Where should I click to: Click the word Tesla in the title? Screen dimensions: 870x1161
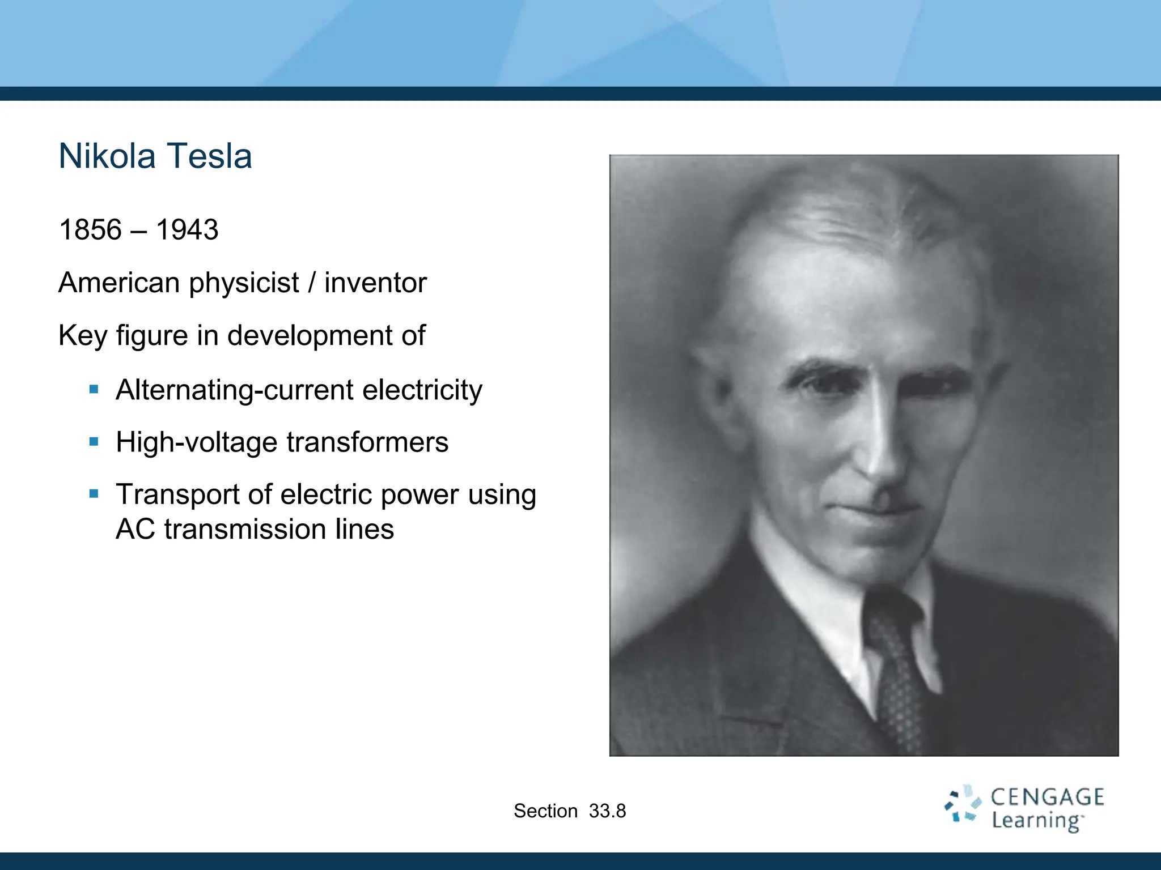[x=209, y=156]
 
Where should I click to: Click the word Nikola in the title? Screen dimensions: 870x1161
[x=107, y=156]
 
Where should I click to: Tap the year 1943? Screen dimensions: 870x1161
[x=187, y=230]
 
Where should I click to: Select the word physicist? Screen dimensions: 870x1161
[x=244, y=283]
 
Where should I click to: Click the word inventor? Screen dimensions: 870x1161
[x=375, y=283]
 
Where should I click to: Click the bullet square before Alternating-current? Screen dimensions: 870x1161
[x=94, y=389]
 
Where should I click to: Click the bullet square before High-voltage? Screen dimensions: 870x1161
[x=94, y=441]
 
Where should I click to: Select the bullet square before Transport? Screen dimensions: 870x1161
[x=94, y=494]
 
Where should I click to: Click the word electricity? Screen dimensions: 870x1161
[x=422, y=390]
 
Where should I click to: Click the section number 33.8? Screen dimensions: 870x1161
[x=607, y=811]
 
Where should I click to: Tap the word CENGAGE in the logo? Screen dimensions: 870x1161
[x=1047, y=797]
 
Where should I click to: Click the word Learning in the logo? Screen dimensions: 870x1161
[x=1036, y=821]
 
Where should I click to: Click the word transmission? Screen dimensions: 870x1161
[x=245, y=529]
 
